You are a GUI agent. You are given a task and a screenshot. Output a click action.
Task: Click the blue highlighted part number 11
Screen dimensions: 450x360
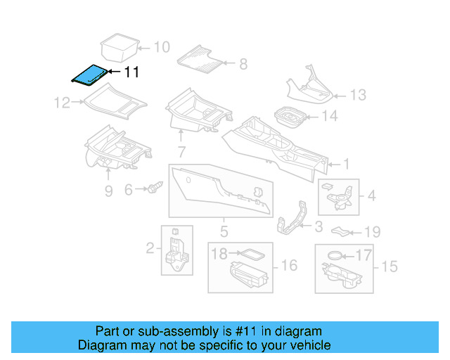click(x=89, y=75)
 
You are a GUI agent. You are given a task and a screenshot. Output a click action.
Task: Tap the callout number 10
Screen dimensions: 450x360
click(x=162, y=47)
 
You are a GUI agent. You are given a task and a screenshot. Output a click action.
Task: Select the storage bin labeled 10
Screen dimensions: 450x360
click(x=120, y=48)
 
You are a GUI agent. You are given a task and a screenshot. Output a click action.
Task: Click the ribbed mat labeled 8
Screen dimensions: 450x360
click(x=200, y=59)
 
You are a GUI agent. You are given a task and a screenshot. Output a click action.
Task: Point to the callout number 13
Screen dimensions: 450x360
click(x=358, y=95)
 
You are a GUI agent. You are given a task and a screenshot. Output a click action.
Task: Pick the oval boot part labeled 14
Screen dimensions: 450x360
click(x=289, y=117)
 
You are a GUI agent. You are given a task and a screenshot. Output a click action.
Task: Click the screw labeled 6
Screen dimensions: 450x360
click(x=155, y=187)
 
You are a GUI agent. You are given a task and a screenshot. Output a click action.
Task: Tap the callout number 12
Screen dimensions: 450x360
click(x=62, y=103)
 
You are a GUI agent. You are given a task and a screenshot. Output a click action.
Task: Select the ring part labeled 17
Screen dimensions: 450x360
click(x=335, y=255)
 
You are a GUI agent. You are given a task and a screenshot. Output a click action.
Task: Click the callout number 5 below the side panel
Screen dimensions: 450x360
click(x=224, y=231)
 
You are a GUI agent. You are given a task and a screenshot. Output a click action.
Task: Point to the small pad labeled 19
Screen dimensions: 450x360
click(x=340, y=231)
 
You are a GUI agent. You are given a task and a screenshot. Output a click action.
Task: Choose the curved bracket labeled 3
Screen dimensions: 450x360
click(x=291, y=217)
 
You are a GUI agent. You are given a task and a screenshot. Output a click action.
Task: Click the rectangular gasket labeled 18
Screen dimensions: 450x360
click(x=252, y=255)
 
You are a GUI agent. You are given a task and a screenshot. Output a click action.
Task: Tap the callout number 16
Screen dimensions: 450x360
click(x=289, y=266)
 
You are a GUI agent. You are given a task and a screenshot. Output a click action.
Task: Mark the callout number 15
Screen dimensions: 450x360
click(x=390, y=266)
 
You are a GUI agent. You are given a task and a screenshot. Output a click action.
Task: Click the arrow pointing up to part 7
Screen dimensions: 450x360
click(x=181, y=136)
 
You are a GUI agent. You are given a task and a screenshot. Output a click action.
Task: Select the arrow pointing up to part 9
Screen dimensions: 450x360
click(x=108, y=174)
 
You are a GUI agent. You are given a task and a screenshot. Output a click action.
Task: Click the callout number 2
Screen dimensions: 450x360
click(x=150, y=248)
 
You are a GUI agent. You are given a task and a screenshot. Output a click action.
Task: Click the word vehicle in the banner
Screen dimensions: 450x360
click(x=312, y=345)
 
